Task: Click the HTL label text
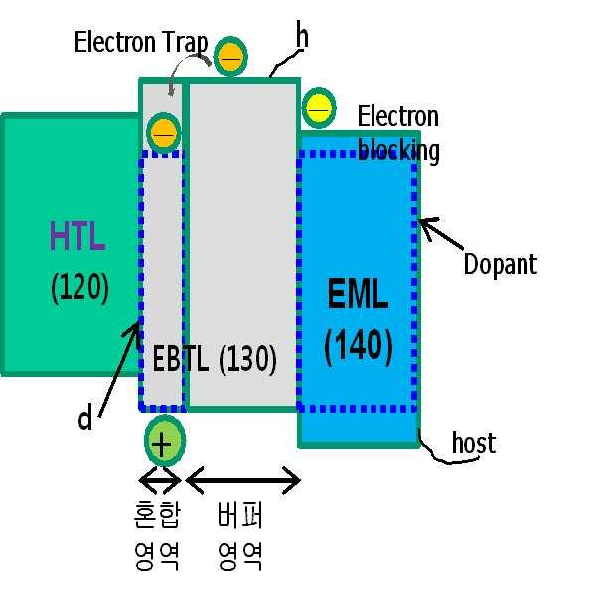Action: click(x=77, y=238)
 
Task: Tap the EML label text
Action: click(x=359, y=295)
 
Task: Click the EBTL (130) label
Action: click(x=215, y=359)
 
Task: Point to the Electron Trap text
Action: click(x=141, y=43)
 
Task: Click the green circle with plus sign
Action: click(x=163, y=441)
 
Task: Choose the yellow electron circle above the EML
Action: click(x=318, y=106)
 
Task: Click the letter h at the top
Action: click(x=302, y=37)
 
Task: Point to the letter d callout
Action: click(x=85, y=419)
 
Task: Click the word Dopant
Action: click(x=500, y=265)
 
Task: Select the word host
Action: click(x=473, y=443)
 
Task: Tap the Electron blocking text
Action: click(x=398, y=134)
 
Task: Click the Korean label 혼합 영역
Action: click(x=157, y=536)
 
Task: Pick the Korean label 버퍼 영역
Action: click(x=240, y=536)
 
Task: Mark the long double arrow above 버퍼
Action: click(x=242, y=483)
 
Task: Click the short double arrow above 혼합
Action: click(x=160, y=482)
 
